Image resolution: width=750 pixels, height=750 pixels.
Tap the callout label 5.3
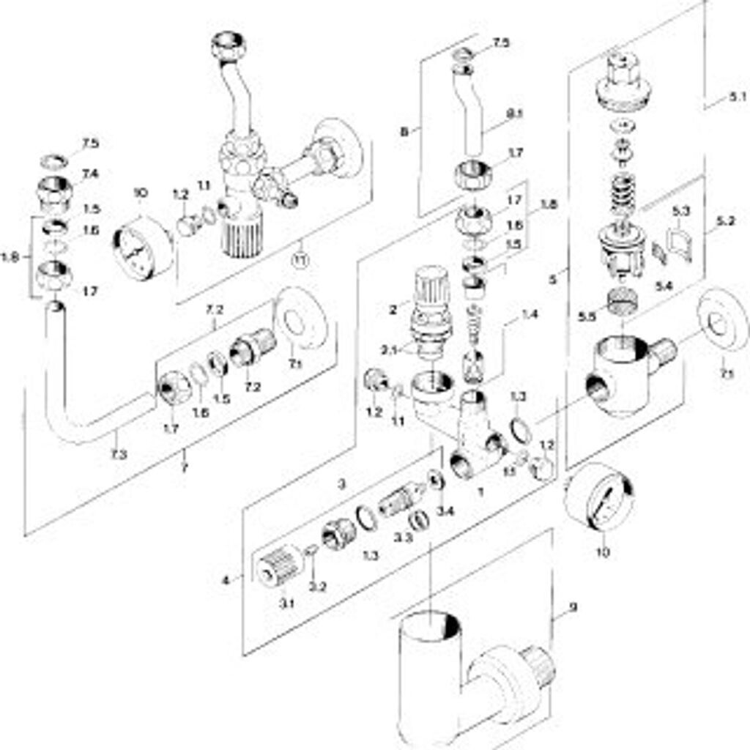[681, 211]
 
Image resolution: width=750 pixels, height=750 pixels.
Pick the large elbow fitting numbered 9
[454, 674]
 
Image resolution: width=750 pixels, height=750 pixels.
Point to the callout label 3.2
[318, 587]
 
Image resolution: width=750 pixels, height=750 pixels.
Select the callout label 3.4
[445, 510]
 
